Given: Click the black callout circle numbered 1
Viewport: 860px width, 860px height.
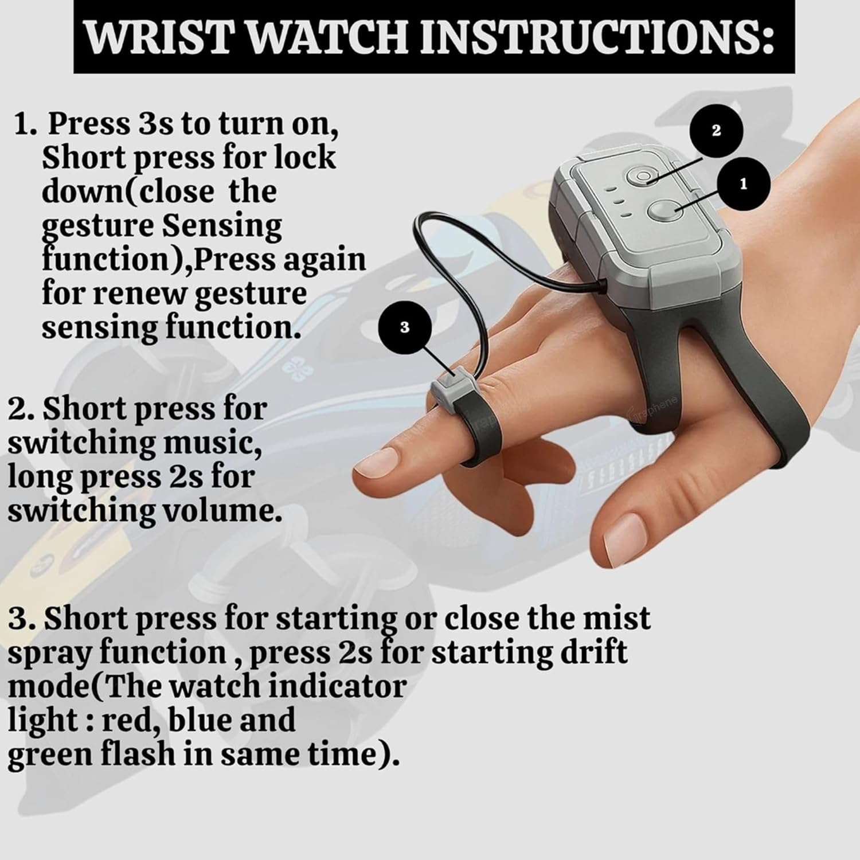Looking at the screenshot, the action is click(x=744, y=185).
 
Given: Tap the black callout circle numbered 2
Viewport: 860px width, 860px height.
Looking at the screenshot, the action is click(x=716, y=131).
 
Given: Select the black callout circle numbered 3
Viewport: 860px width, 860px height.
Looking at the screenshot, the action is click(x=405, y=328).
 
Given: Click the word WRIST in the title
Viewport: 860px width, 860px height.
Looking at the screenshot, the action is click(x=162, y=37).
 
